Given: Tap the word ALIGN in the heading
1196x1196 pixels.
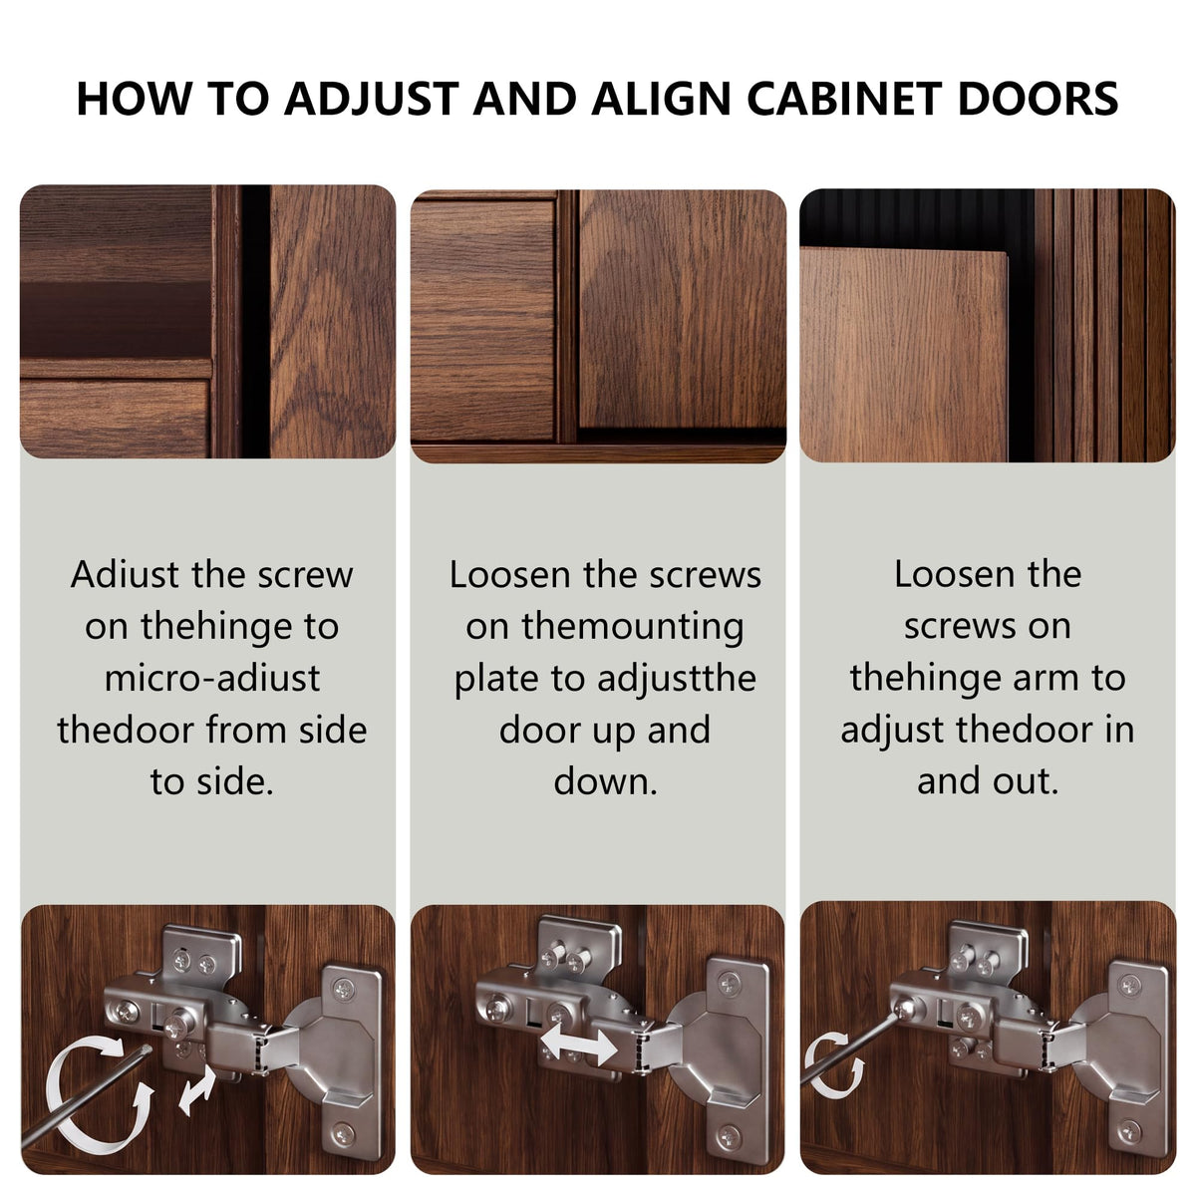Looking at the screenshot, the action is pyautogui.click(x=661, y=99).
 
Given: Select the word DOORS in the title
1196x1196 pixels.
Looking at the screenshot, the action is pyautogui.click(x=1039, y=99).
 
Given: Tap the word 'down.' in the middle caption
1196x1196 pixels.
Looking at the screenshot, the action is pyautogui.click(x=605, y=781).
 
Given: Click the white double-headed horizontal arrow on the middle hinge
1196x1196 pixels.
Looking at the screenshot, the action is pyautogui.click(x=579, y=1045).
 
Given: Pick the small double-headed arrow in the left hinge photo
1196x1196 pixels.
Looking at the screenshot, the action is pyautogui.click(x=196, y=1093).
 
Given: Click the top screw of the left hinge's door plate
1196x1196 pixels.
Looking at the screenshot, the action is pyautogui.click(x=343, y=989).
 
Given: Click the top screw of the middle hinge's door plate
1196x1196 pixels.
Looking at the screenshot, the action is pyautogui.click(x=730, y=982).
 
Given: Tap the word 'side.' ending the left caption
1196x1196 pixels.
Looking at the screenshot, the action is pyautogui.click(x=235, y=781).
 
